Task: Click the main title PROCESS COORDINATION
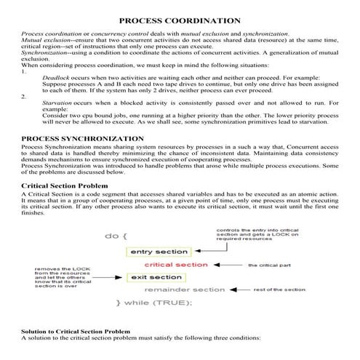coord(179,21)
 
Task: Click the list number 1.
coord(25,71)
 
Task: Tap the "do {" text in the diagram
coord(116,236)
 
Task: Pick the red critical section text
coord(172,265)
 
